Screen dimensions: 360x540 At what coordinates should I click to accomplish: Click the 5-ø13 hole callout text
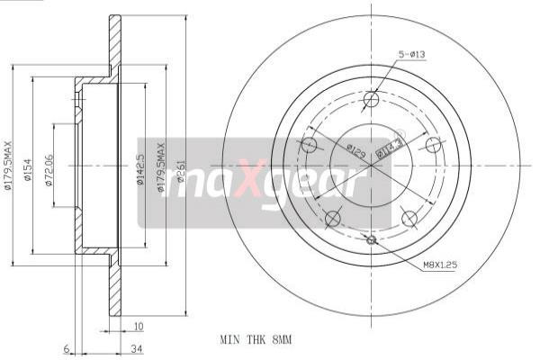tap(412, 54)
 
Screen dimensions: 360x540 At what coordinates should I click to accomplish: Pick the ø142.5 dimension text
tap(139, 167)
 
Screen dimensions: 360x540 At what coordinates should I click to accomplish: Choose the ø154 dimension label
tap(28, 168)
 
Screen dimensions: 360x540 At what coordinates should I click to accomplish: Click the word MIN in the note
tap(229, 340)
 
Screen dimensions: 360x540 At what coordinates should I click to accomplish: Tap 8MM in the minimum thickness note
tap(283, 340)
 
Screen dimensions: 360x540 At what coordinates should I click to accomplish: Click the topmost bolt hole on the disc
tap(371, 99)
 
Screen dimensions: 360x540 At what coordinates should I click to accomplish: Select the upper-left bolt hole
tap(309, 145)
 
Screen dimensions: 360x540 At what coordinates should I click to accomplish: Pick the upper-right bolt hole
tap(433, 145)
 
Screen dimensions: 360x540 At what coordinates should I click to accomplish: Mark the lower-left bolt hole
tap(332, 218)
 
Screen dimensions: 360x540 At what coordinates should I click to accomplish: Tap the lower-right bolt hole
tap(409, 218)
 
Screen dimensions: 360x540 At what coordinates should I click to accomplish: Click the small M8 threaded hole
tap(371, 239)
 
